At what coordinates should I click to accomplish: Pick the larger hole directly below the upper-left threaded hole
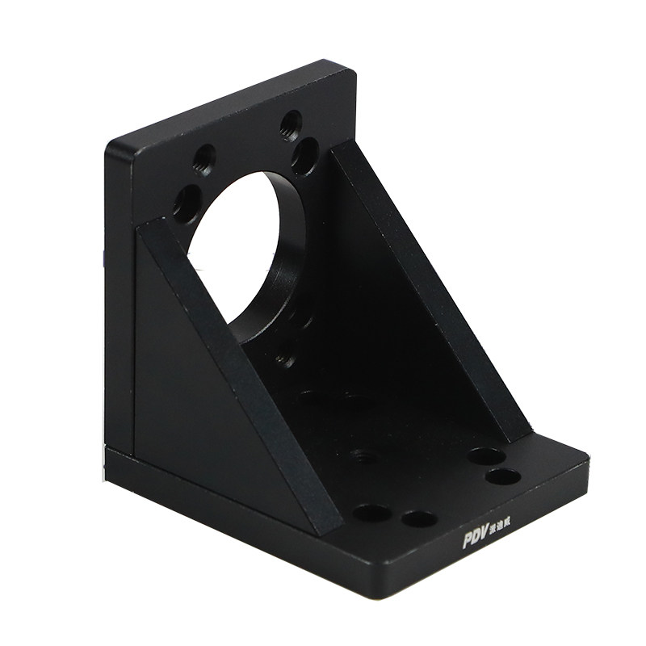coord(187,202)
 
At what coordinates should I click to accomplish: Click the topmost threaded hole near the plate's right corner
coord(291,124)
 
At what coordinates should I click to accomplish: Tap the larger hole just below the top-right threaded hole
coord(305,156)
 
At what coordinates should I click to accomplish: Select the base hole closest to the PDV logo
coord(419,518)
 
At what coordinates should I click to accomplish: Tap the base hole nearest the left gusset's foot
coord(371,513)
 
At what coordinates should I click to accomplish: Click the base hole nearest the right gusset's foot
coord(486,456)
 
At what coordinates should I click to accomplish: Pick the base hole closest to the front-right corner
coord(503,476)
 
